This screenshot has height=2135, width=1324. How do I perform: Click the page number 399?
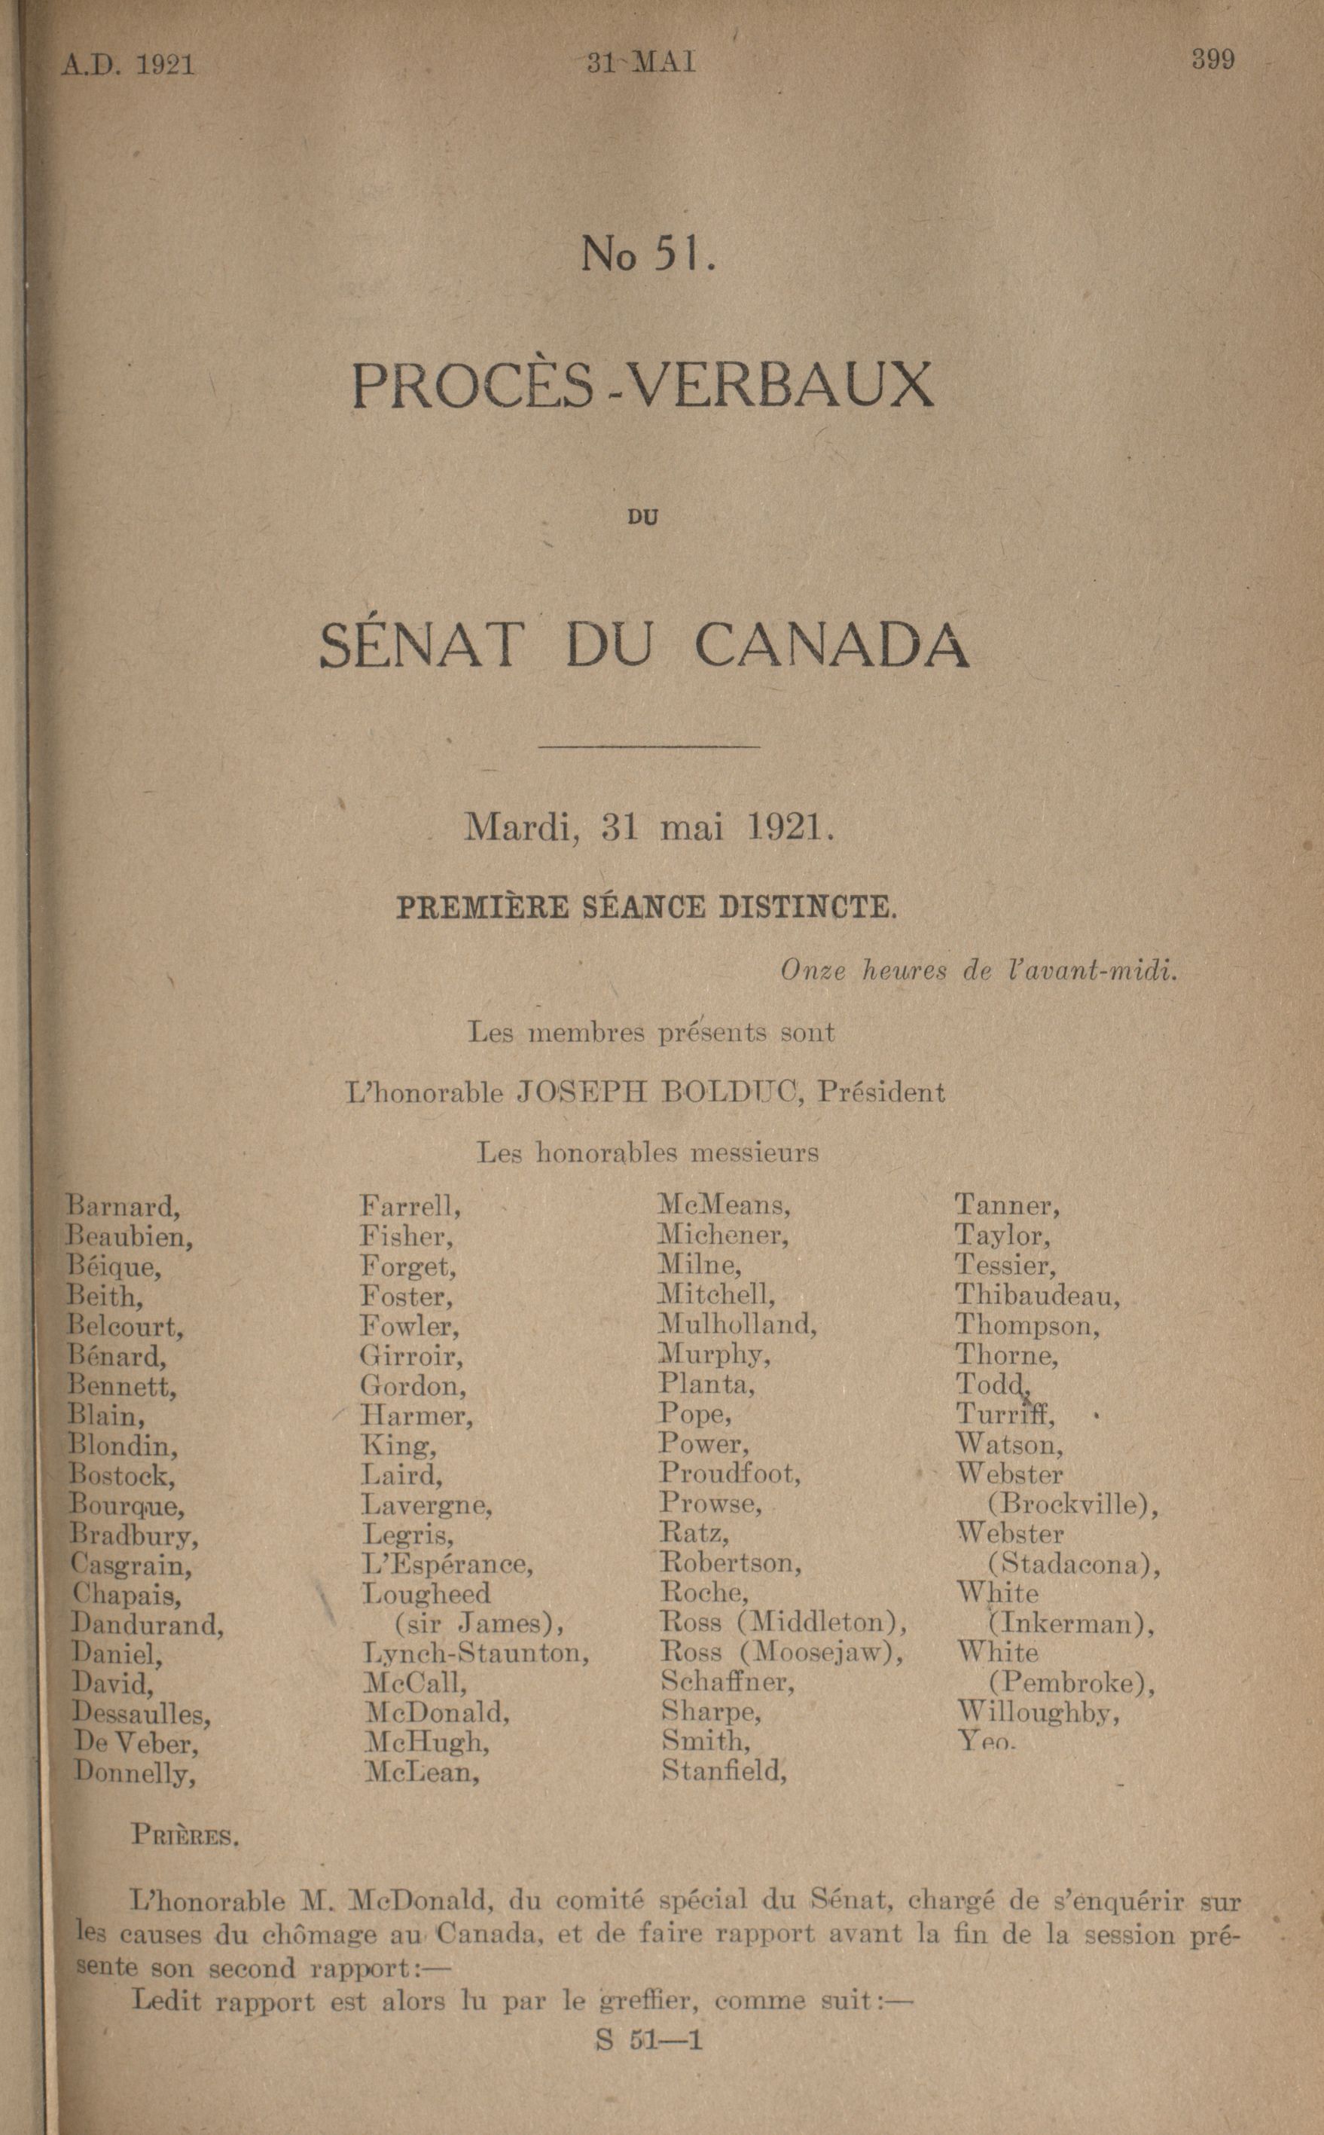(x=1213, y=60)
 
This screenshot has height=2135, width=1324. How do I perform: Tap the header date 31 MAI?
(x=641, y=63)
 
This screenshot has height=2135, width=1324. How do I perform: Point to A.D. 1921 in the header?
(x=128, y=66)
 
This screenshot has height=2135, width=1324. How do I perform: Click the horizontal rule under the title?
(x=649, y=746)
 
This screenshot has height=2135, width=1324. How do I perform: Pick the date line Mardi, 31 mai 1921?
(x=648, y=827)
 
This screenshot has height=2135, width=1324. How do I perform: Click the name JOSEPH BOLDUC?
(x=660, y=1092)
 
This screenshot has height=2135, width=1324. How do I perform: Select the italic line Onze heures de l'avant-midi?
(x=978, y=971)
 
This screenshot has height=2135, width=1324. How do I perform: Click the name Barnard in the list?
(x=124, y=1207)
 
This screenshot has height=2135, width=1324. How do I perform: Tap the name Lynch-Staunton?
(x=475, y=1654)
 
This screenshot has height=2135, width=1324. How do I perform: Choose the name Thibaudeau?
(x=1037, y=1294)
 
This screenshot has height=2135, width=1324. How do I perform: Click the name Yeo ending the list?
(x=985, y=1741)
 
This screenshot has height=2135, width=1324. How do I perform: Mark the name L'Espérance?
(x=447, y=1564)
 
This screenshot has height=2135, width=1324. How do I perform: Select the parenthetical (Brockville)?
(x=1072, y=1504)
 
